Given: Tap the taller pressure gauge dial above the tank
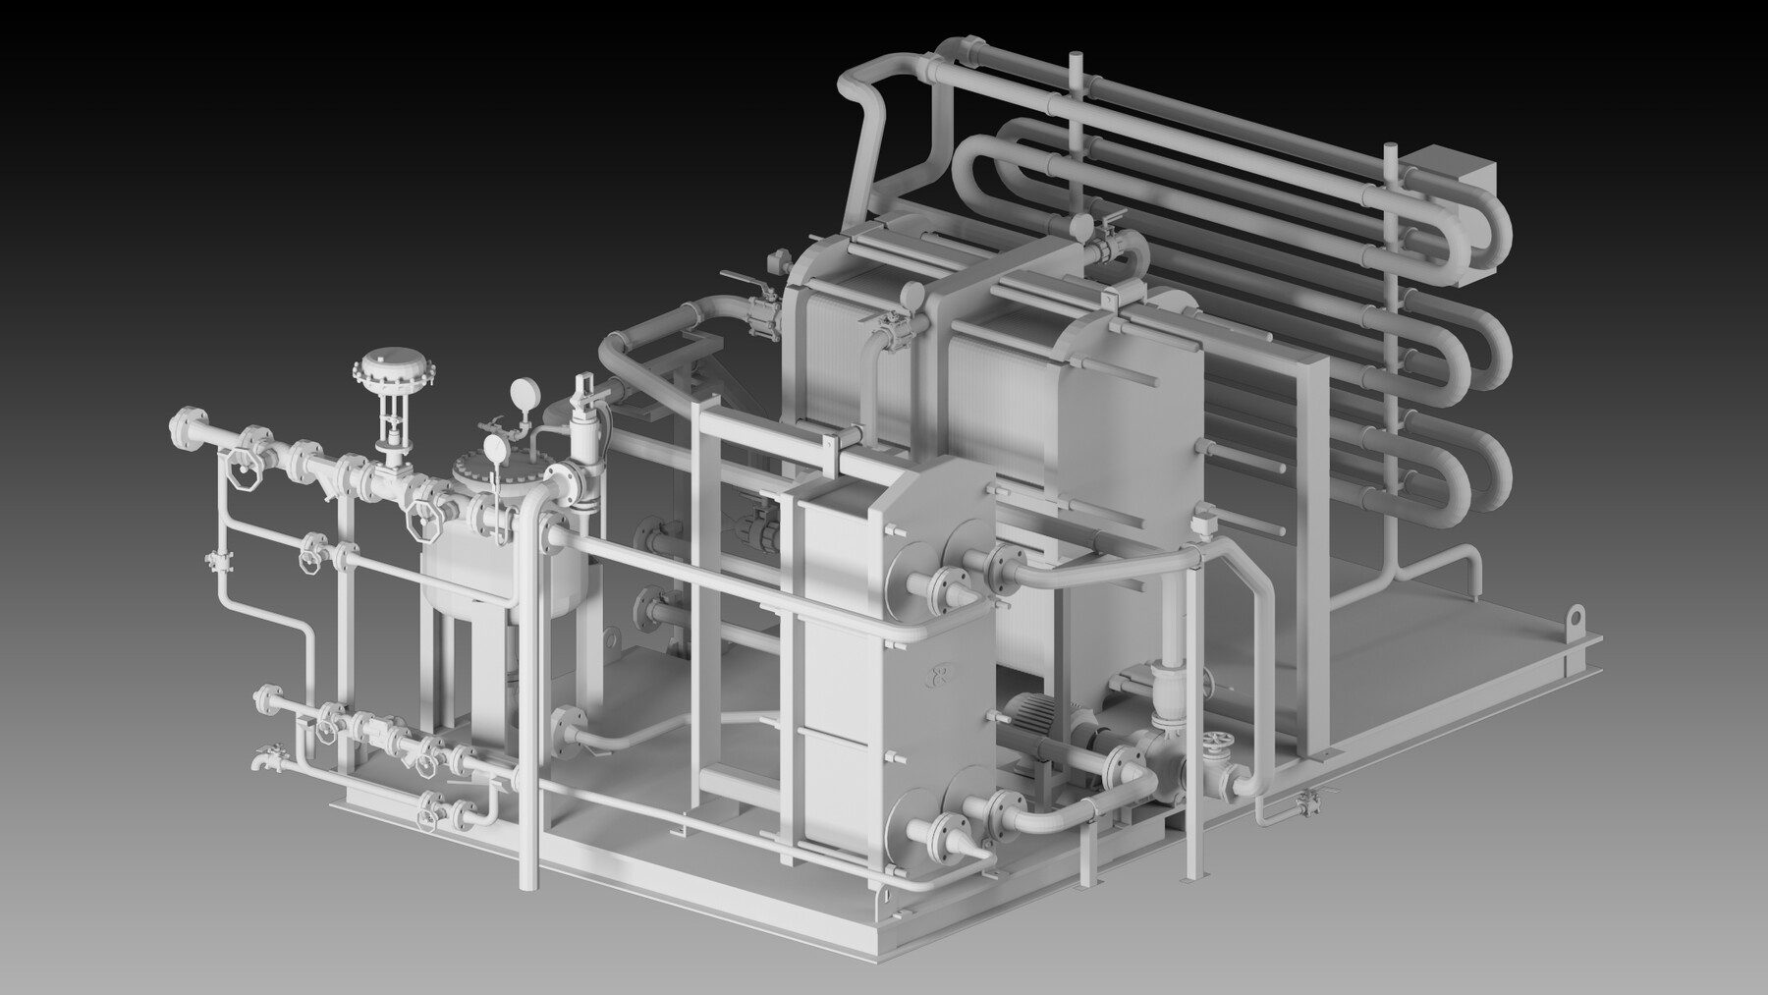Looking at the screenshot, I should click(x=523, y=395).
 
